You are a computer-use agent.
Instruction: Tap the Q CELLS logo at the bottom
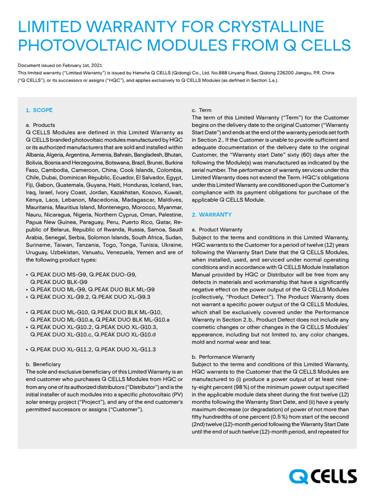(x=323, y=476)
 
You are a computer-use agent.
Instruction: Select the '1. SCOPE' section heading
(x=39, y=110)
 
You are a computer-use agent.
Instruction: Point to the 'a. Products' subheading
(x=40, y=125)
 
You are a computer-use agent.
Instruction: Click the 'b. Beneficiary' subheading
(x=43, y=364)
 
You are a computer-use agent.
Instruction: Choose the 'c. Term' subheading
(x=201, y=110)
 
